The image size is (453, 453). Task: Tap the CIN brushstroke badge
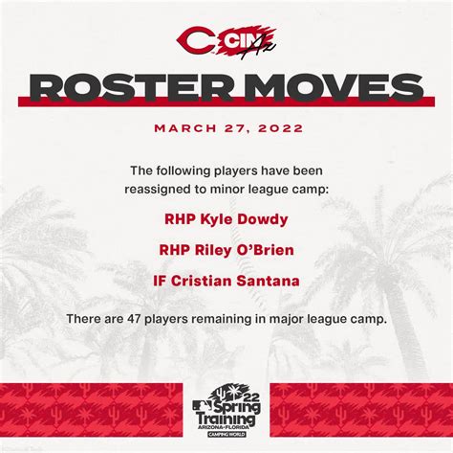click(247, 42)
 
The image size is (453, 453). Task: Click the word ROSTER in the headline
click(130, 87)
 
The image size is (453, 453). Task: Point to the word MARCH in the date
click(185, 128)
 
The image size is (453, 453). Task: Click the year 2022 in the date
click(281, 128)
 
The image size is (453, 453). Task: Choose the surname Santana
click(268, 281)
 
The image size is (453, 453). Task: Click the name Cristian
click(201, 281)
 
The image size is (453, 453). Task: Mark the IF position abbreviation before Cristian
click(160, 282)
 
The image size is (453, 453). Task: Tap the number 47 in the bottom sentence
click(133, 319)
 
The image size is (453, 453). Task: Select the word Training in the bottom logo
click(226, 419)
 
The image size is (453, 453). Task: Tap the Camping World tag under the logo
click(226, 434)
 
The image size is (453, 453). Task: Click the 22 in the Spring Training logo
click(251, 397)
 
